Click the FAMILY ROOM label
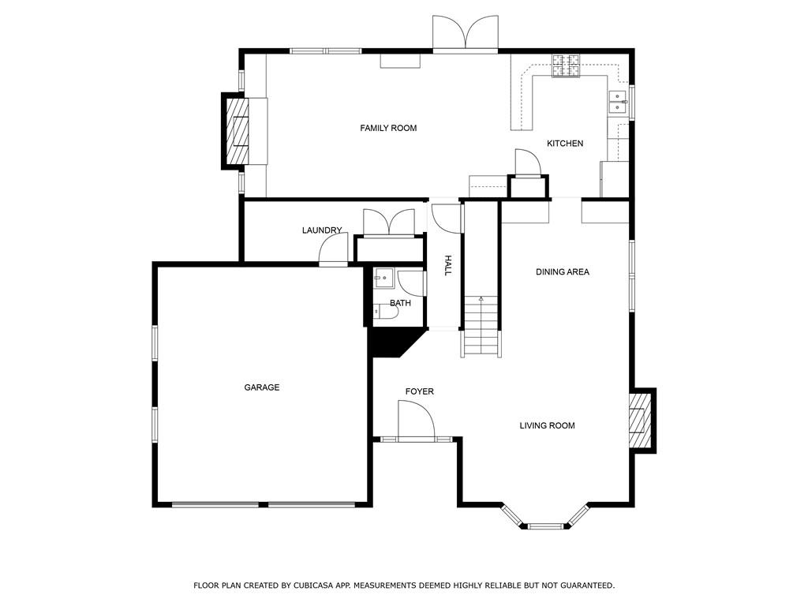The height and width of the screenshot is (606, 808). pos(388,128)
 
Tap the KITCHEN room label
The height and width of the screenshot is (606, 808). pos(565,144)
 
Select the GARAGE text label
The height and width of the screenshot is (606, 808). pos(261,387)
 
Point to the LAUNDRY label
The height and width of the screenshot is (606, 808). pos(322,230)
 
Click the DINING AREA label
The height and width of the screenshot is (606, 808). pos(563,272)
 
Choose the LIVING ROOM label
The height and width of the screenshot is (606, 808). pos(547,426)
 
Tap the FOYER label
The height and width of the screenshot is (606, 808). pos(419,391)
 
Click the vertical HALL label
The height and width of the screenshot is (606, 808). pos(447,265)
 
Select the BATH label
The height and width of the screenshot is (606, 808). pos(400,303)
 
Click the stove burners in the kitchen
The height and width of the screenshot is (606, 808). pos(565,65)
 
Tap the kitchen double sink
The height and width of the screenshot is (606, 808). pos(617,100)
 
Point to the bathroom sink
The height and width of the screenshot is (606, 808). pos(383,279)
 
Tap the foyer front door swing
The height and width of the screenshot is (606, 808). pos(416,420)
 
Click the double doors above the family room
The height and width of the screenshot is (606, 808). pos(466,34)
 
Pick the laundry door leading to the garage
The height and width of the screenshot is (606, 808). pos(333,251)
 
